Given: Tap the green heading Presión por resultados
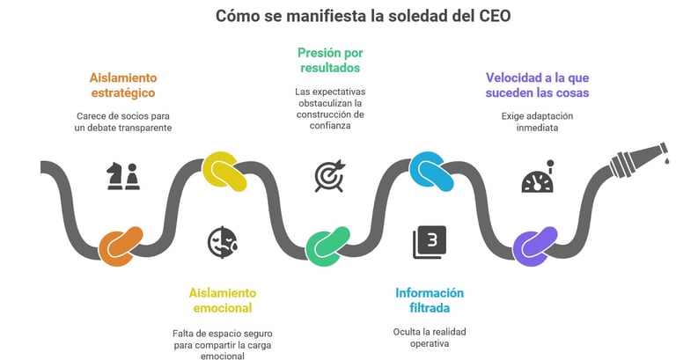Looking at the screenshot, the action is coord(329,59).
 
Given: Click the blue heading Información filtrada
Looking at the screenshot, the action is coord(430,299).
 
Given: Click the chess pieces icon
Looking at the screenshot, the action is coord(123,176).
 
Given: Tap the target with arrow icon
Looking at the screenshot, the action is coord(329,174).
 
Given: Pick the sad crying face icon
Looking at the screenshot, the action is coord(222,241).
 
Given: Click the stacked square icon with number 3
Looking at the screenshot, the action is coord(430,242).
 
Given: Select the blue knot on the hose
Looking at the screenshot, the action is coord(431,168).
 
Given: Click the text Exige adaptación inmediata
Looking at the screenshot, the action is coord(537,121).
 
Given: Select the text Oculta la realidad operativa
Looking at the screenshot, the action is coord(430,337).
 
